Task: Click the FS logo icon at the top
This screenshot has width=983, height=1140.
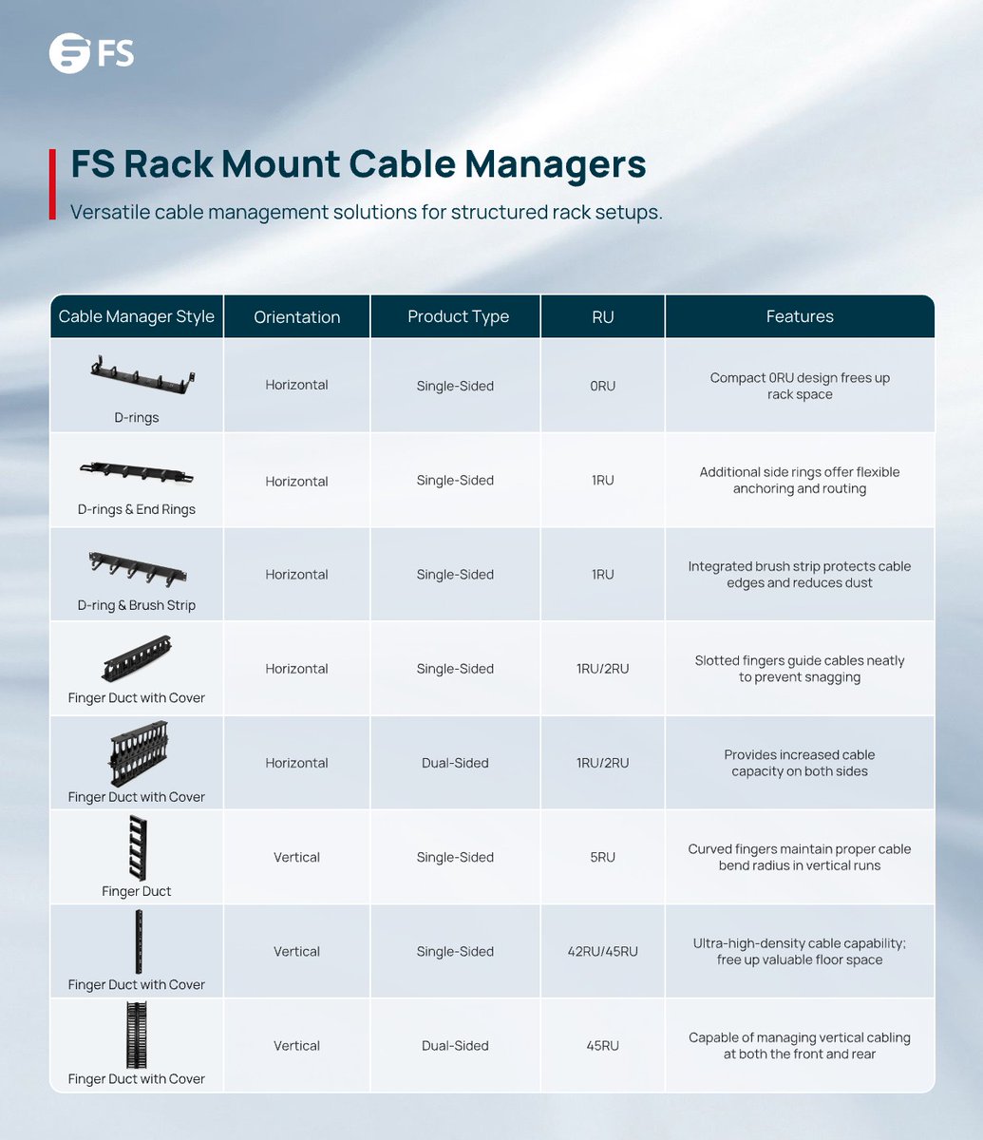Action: pos(69,54)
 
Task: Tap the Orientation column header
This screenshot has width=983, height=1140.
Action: pos(296,317)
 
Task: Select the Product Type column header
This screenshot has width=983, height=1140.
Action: pos(458,316)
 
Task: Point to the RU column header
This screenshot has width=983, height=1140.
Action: pos(602,316)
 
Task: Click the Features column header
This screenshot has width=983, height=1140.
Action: pos(799,316)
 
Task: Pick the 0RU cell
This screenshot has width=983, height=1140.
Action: pos(602,386)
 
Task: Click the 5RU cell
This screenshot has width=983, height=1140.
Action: pos(602,857)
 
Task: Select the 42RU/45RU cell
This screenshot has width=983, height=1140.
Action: pos(602,951)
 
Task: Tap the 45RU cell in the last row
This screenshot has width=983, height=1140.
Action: pos(602,1045)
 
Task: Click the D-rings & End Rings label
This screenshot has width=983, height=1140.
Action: pos(137,509)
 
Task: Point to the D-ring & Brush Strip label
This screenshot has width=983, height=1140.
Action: pos(137,605)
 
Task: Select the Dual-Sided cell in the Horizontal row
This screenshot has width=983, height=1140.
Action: pos(455,763)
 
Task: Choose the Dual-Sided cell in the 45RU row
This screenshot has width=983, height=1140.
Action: pos(455,1045)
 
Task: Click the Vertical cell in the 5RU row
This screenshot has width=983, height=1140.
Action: pos(296,857)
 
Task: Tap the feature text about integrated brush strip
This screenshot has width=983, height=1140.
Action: pos(799,575)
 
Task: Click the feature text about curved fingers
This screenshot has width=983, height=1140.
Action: pos(799,857)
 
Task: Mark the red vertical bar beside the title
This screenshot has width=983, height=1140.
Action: pos(52,183)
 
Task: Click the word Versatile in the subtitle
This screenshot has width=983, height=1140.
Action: pos(108,212)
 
